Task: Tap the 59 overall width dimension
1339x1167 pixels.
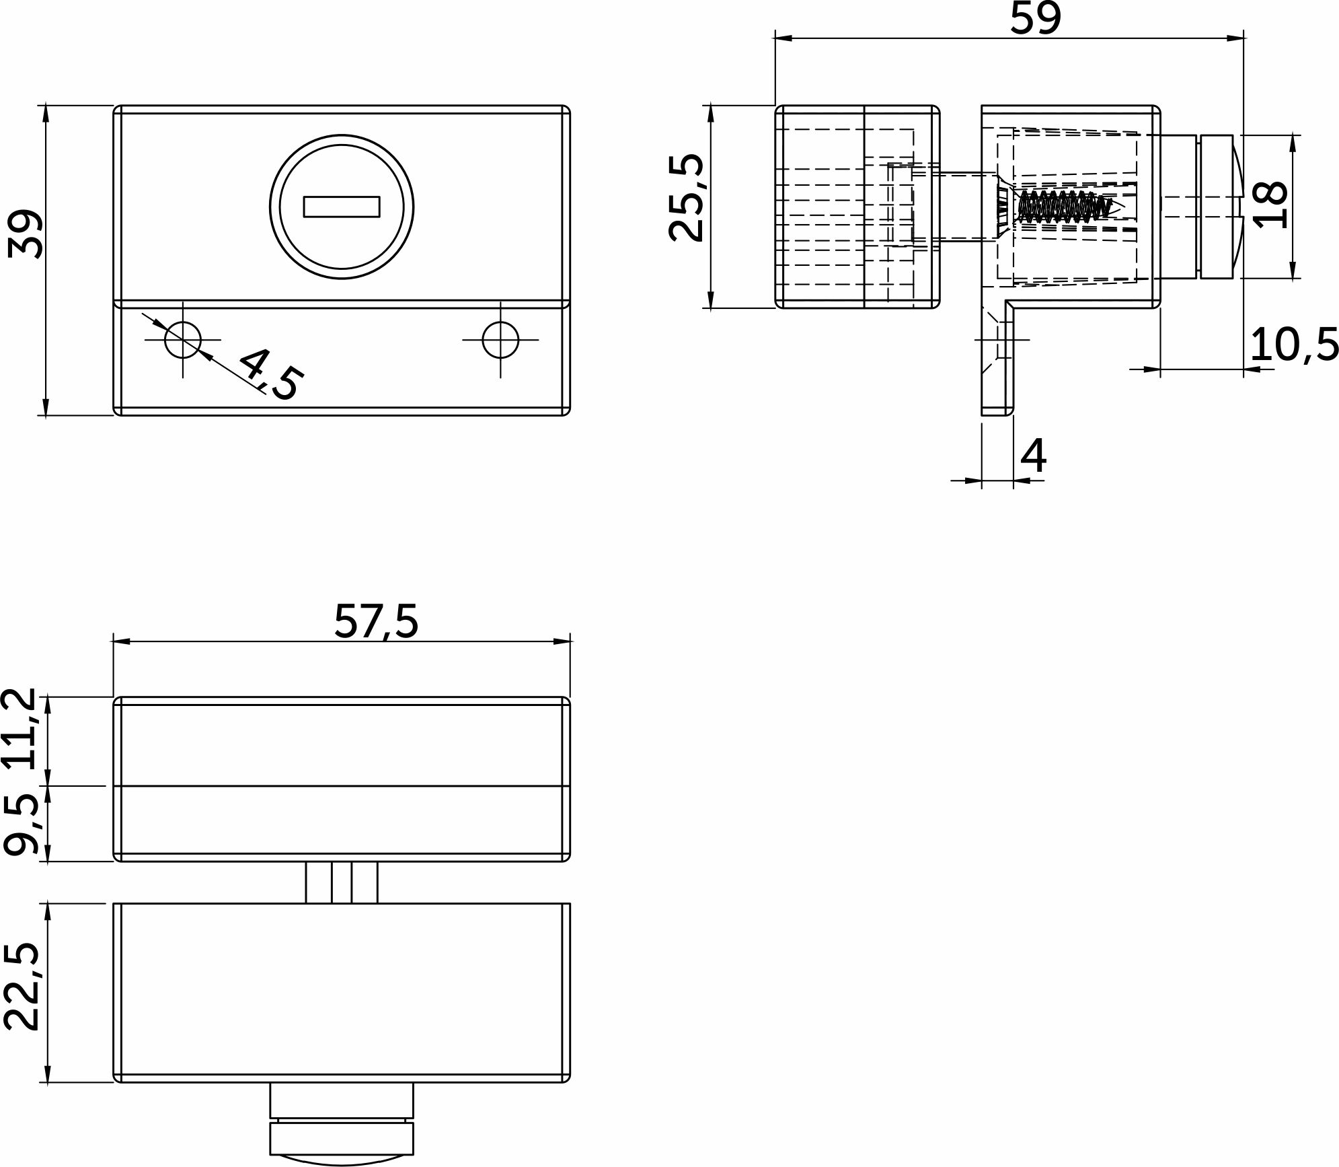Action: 1036,18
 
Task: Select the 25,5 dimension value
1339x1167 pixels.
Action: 686,198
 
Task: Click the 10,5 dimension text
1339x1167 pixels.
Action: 1295,345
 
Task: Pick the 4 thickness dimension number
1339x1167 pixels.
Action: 1034,456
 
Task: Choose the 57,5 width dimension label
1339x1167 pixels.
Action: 376,621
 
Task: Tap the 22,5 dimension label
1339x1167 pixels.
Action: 21,987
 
